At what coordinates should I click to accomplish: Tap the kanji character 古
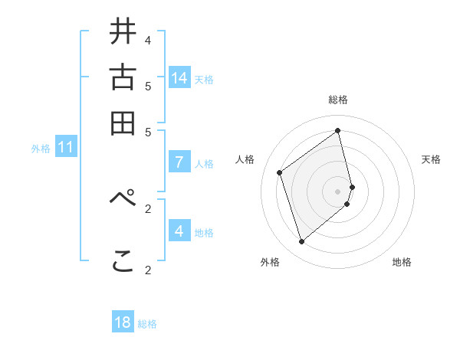(123, 78)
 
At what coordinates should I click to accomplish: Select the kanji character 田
(123, 123)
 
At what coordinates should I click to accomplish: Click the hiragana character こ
(123, 262)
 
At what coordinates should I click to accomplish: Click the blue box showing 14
(179, 77)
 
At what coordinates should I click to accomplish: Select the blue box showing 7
(179, 162)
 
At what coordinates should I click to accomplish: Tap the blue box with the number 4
(179, 231)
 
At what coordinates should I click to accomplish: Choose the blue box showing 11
(65, 147)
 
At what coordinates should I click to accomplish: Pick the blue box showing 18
(123, 322)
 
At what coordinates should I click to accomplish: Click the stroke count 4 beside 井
(148, 40)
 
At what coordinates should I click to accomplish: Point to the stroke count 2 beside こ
(148, 270)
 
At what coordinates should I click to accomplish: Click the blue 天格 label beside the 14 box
(204, 79)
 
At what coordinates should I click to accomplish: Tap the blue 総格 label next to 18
(147, 324)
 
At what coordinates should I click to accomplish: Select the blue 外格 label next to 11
(41, 149)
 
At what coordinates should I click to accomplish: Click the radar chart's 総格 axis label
(338, 100)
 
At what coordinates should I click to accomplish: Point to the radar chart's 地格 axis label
(402, 262)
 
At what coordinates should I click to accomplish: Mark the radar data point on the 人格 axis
(280, 172)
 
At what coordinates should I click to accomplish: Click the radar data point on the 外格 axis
(301, 242)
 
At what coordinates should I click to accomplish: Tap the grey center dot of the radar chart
(338, 190)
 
